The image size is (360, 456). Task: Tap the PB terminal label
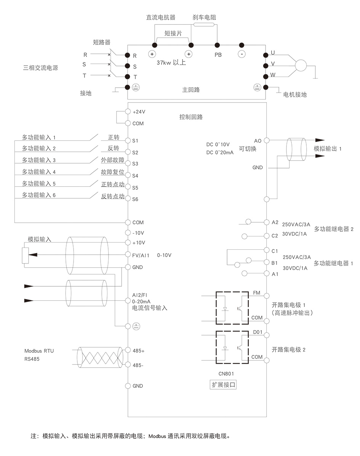[218, 55]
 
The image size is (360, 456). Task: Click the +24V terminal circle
[128, 112]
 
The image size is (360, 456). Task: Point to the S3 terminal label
[135, 164]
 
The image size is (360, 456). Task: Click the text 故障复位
[112, 172]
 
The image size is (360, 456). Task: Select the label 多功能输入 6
[39, 195]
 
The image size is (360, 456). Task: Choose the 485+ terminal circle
[128, 350]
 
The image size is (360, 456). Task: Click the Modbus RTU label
[39, 351]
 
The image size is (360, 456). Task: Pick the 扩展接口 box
[224, 385]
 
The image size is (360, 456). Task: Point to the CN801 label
[224, 374]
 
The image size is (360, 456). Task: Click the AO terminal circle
[266, 140]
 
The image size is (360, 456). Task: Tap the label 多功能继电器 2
[334, 229]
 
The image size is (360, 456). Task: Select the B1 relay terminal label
[275, 263]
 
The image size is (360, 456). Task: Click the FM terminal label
[257, 293]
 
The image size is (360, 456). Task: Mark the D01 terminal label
[258, 332]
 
